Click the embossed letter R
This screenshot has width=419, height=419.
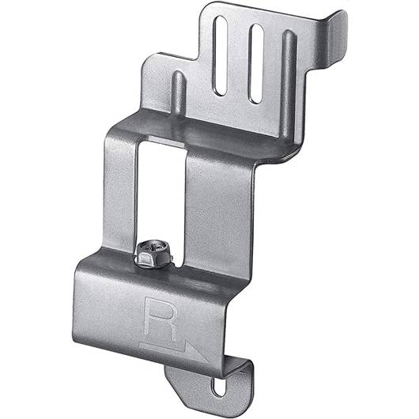(x=160, y=319)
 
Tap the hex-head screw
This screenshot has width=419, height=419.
(x=153, y=254)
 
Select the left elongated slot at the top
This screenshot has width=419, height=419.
(x=221, y=55)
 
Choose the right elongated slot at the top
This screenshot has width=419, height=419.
(x=256, y=63)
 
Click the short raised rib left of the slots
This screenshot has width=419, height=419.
(x=178, y=92)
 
